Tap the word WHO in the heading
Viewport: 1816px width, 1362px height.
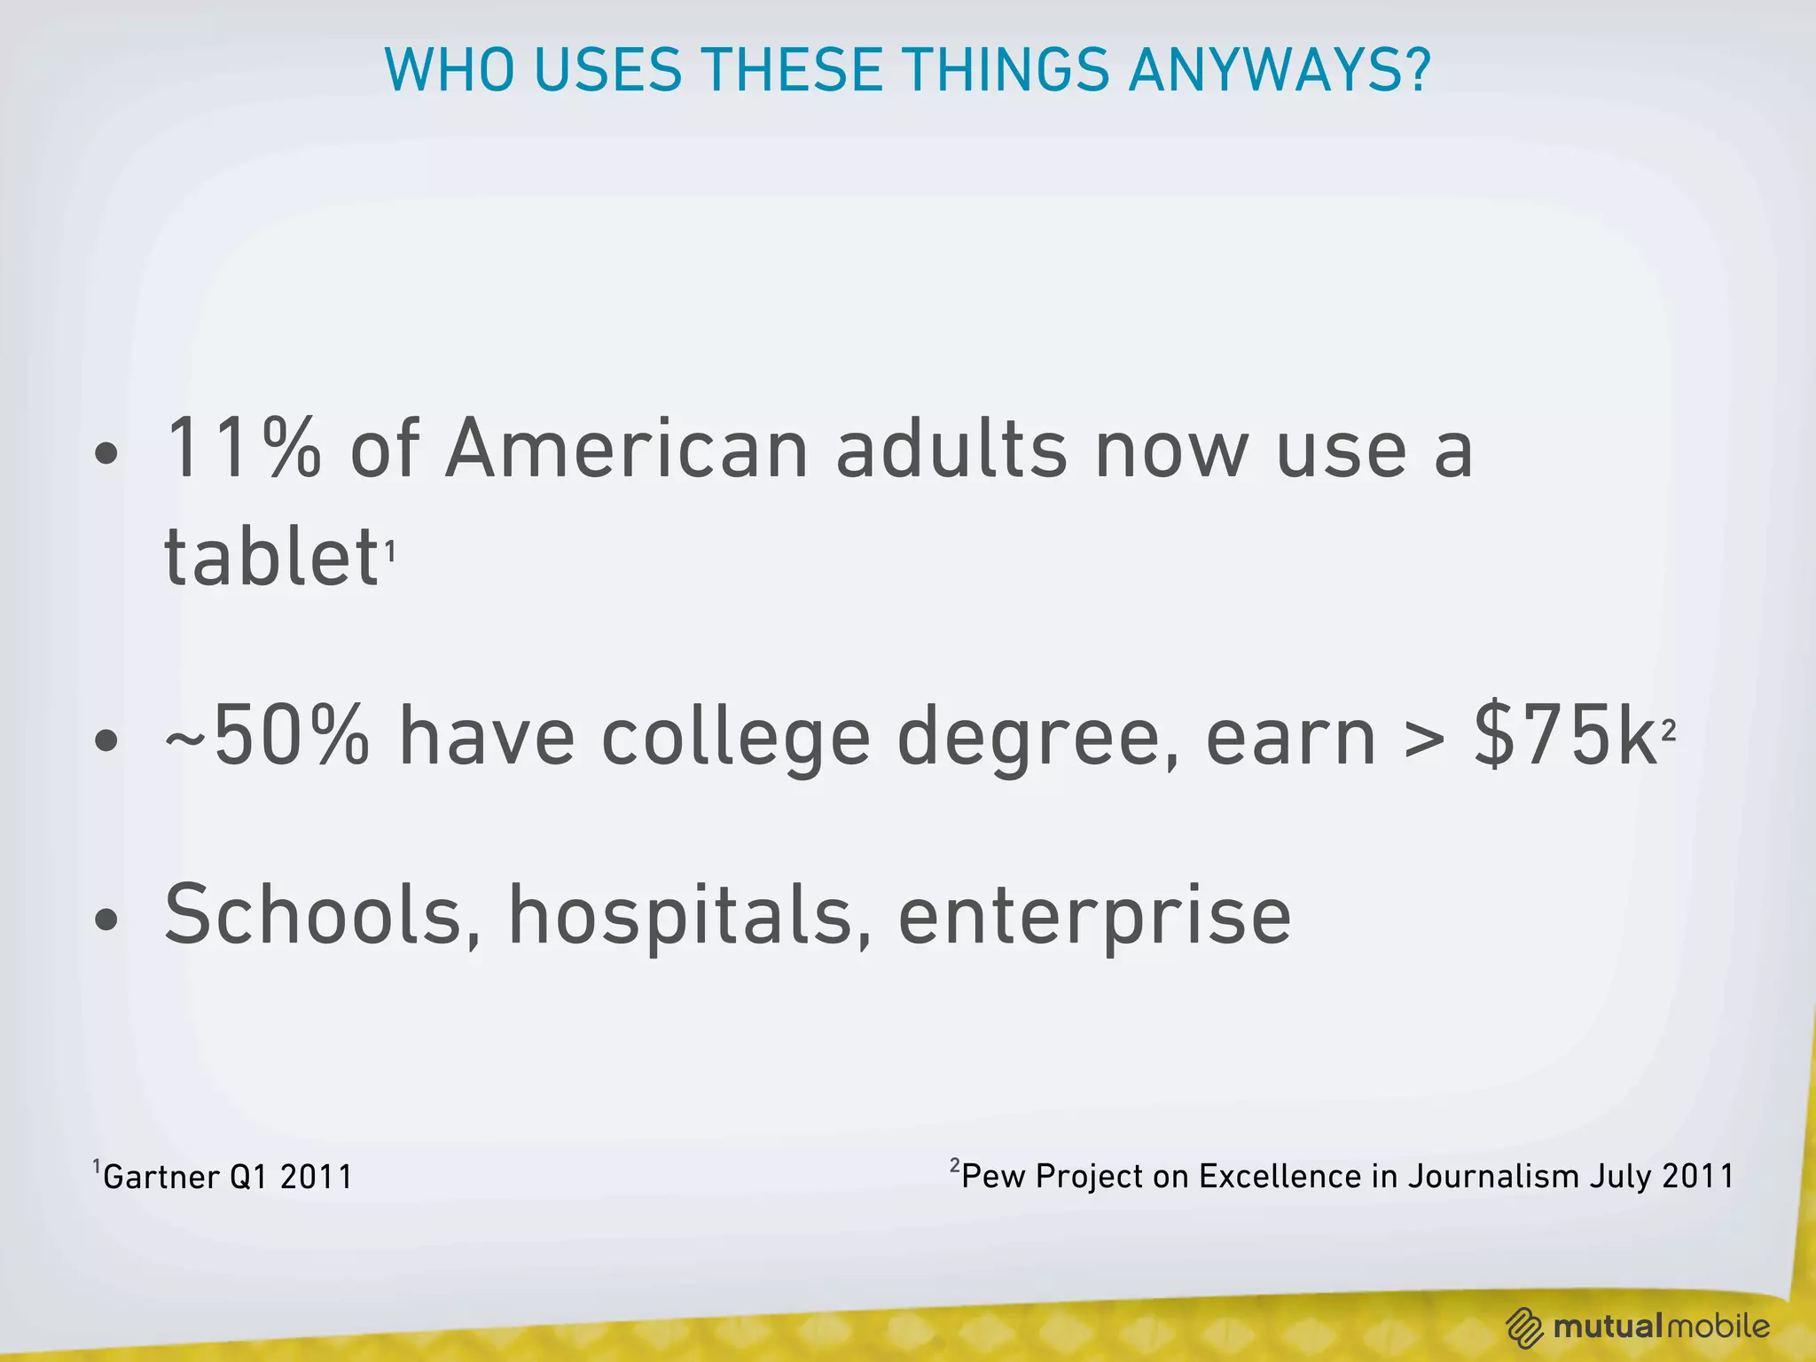click(449, 70)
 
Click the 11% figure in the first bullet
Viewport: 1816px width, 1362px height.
click(243, 450)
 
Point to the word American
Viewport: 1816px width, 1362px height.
click(627, 450)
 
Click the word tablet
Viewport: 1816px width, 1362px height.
click(271, 557)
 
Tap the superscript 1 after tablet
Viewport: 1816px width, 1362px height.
click(389, 552)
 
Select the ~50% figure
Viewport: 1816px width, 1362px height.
click(266, 736)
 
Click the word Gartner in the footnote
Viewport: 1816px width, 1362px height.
click(160, 1178)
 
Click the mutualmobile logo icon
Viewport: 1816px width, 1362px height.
click(1525, 1327)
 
